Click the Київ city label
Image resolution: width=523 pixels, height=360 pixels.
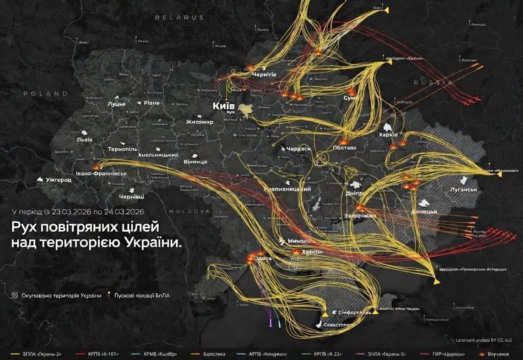[224, 106]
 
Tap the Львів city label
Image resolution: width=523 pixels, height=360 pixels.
[84, 140]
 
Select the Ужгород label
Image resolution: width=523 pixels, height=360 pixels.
[59, 180]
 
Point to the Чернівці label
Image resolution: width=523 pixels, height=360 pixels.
[131, 197]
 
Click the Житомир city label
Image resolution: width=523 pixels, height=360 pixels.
[200, 122]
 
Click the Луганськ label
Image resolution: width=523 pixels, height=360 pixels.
[464, 190]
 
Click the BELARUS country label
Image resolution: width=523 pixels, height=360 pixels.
[180, 17]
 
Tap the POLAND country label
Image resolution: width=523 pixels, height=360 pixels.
[46, 93]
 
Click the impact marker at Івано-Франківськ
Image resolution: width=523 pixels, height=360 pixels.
[96, 166]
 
